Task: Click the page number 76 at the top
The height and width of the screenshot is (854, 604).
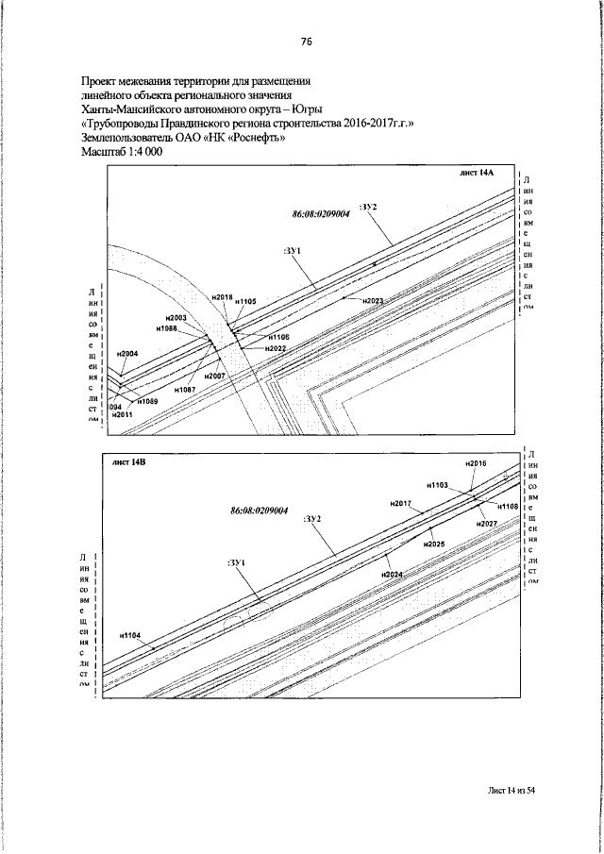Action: click(306, 42)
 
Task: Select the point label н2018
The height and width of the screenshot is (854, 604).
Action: click(223, 297)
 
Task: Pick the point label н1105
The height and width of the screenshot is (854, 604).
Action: click(246, 301)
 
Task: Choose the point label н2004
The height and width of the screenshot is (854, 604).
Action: click(127, 354)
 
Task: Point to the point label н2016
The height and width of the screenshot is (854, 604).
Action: click(476, 464)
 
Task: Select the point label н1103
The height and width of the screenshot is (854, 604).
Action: click(437, 484)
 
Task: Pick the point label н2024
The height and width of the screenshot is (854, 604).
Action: click(393, 575)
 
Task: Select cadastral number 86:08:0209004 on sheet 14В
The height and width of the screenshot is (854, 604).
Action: click(259, 511)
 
